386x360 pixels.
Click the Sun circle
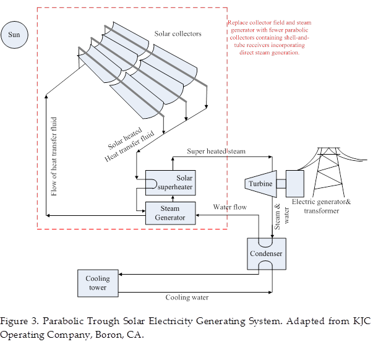14,35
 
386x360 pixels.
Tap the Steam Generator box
170,213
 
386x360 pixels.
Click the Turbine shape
260,184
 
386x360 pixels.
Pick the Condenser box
267,254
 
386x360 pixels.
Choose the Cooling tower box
97,283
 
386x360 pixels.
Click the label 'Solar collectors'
178,34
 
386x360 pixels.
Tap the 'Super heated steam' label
216,151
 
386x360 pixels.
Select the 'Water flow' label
229,207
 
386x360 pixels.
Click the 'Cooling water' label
187,298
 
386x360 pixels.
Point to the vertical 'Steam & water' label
281,218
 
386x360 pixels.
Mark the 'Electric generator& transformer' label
322,206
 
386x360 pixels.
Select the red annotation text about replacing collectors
269,38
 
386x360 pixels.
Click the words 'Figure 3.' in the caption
19,322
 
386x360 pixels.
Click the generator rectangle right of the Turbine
294,183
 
